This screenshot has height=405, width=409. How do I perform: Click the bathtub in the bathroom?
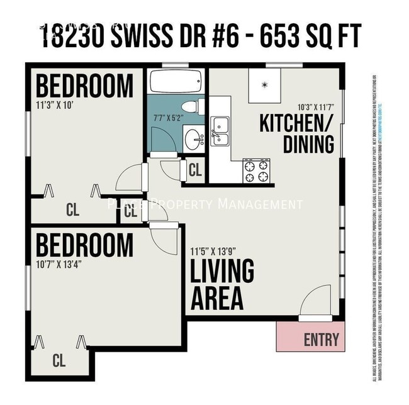pyautogui.click(x=176, y=81)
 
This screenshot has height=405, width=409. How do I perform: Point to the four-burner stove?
pyautogui.click(x=256, y=170)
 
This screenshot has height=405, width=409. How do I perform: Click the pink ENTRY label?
pyautogui.click(x=321, y=340)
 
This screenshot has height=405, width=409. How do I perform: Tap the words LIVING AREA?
pyautogui.click(x=222, y=284)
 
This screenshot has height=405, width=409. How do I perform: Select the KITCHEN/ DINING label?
pyautogui.click(x=296, y=134)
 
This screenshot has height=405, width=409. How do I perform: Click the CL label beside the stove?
pyautogui.click(x=195, y=170)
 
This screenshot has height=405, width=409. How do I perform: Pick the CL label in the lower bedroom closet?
pyautogui.click(x=59, y=361)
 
